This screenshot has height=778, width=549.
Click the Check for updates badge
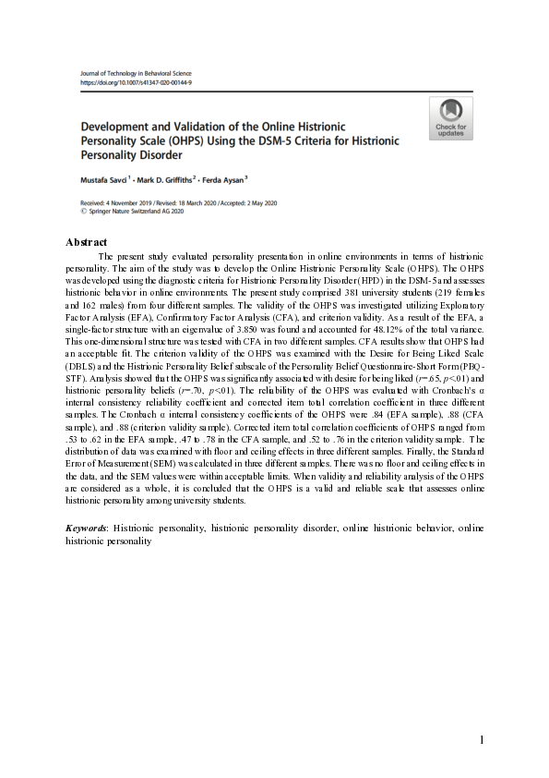pos(450,117)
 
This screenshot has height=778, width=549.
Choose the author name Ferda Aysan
pos(222,178)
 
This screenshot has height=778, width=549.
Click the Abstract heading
pos(88,241)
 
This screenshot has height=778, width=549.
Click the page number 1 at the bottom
pos(482,740)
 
